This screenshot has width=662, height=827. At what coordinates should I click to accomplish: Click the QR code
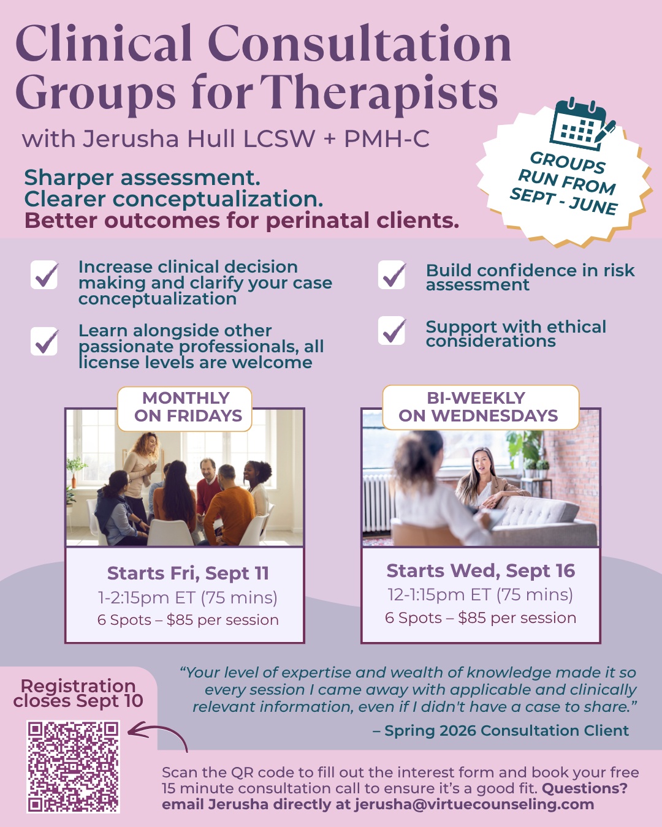click(x=73, y=767)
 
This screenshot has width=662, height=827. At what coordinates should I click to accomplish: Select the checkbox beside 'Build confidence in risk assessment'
click(x=392, y=275)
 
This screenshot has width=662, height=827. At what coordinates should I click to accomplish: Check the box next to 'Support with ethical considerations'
click(x=392, y=330)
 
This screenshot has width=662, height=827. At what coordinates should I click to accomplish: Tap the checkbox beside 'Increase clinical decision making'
click(x=44, y=275)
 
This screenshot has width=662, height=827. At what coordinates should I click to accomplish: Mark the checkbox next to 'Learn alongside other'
click(x=44, y=341)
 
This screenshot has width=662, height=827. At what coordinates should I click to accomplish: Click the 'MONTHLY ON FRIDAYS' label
click(x=185, y=408)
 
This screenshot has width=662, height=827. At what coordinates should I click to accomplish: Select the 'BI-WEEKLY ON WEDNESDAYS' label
click(x=481, y=407)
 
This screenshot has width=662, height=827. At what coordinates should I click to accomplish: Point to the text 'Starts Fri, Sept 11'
click(x=188, y=573)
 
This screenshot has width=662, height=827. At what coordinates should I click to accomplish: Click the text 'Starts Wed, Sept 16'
click(x=481, y=571)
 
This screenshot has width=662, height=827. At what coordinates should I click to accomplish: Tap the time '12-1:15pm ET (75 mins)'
click(x=481, y=594)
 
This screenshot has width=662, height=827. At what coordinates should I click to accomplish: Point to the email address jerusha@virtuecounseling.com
click(x=474, y=804)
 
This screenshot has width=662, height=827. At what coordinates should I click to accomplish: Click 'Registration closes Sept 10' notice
click(x=78, y=693)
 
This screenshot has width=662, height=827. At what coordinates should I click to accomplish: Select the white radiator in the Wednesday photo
click(x=379, y=503)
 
